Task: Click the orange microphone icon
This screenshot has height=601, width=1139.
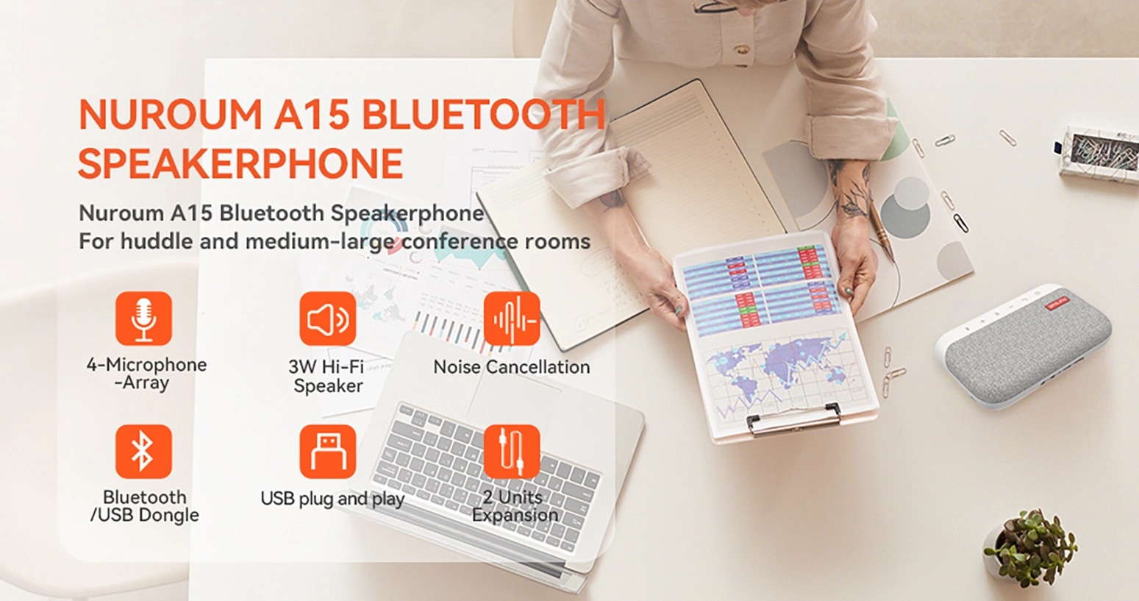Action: pyautogui.click(x=143, y=319)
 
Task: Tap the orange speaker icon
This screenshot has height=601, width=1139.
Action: pyautogui.click(x=327, y=319)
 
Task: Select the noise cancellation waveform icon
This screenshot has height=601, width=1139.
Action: pyautogui.click(x=512, y=319)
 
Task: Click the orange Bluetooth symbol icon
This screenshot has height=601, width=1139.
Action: pyautogui.click(x=143, y=452)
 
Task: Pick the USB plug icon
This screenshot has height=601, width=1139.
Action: pyautogui.click(x=327, y=452)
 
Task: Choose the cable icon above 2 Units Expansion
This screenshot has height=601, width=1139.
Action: pyautogui.click(x=512, y=452)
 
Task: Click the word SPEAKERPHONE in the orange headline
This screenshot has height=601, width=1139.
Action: pyautogui.click(x=240, y=163)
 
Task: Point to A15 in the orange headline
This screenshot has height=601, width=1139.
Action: pyautogui.click(x=311, y=114)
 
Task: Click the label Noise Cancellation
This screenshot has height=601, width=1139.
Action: pyautogui.click(x=512, y=367)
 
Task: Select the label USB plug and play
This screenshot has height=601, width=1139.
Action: pyautogui.click(x=332, y=499)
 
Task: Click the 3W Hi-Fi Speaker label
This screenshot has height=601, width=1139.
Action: pyautogui.click(x=327, y=376)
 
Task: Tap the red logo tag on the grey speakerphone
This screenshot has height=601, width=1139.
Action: pyautogui.click(x=1058, y=304)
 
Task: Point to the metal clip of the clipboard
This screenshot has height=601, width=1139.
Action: pyautogui.click(x=794, y=419)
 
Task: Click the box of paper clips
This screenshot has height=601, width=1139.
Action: pyautogui.click(x=1099, y=153)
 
